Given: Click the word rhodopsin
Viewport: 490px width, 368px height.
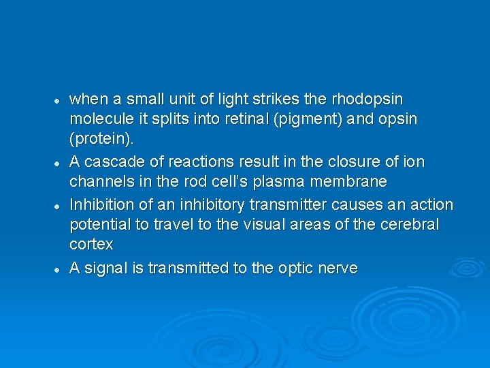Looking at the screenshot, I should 381,99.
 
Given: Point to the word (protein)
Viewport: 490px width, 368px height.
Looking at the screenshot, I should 102,139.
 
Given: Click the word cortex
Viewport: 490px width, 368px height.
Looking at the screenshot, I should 91,244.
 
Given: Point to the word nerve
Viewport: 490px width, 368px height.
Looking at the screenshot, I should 336,268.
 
